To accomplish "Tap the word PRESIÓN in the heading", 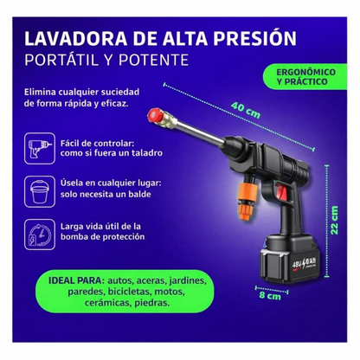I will pos(256,39).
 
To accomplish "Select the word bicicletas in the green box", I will pos(118,293).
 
